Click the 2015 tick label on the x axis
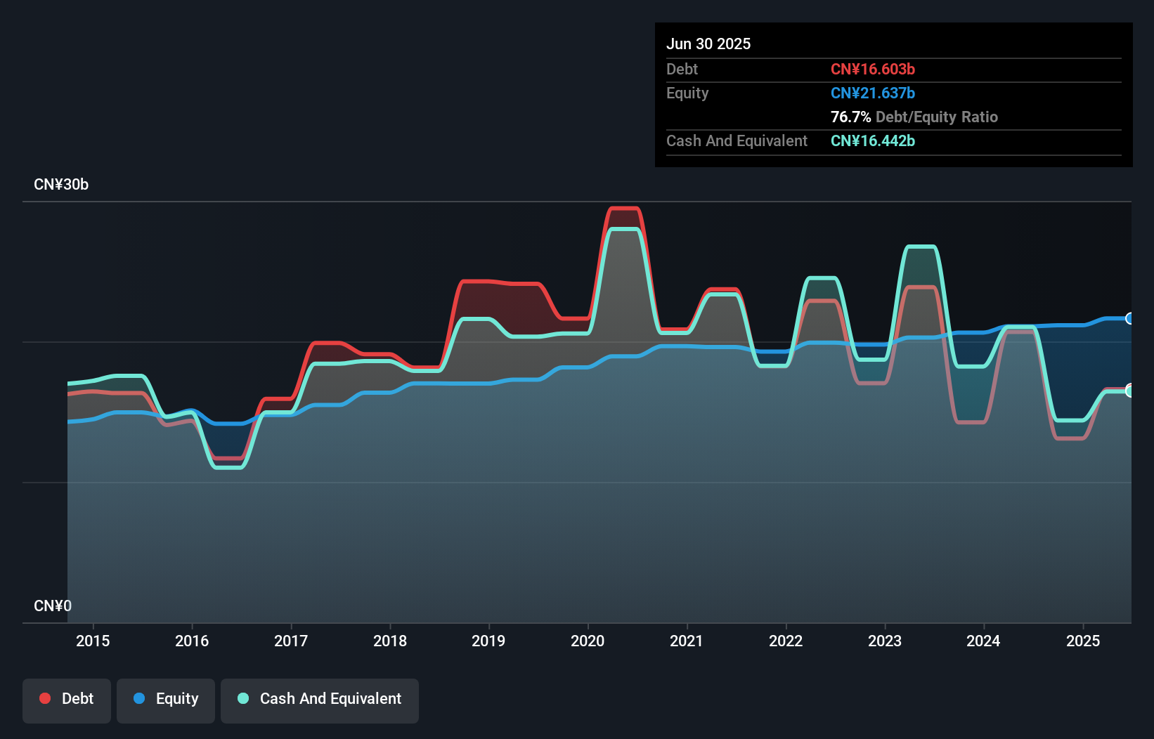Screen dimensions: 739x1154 (x=93, y=641)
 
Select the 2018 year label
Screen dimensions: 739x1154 (x=390, y=641)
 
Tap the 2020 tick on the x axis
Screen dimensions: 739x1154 (x=588, y=641)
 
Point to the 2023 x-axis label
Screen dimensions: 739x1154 (x=885, y=641)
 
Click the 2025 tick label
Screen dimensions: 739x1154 (x=1083, y=641)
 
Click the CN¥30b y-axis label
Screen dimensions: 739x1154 (x=61, y=185)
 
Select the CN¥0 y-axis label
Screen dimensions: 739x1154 (x=53, y=606)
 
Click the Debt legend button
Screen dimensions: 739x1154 (x=67, y=699)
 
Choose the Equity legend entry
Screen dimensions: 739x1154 (x=166, y=699)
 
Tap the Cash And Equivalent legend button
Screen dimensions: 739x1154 (x=320, y=699)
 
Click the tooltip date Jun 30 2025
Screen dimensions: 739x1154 (x=708, y=44)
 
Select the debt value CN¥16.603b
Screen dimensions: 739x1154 (x=872, y=69)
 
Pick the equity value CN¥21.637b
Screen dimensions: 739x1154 (x=872, y=93)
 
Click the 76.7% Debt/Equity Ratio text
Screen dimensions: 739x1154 (x=914, y=117)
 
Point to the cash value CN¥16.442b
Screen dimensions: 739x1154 (x=872, y=140)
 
